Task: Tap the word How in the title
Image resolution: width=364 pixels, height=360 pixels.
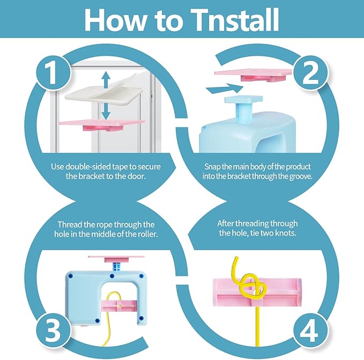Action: pyautogui.click(x=116, y=20)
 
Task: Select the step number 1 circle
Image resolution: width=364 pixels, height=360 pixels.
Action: pyautogui.click(x=53, y=73)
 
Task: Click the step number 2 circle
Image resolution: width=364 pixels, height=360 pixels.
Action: pyautogui.click(x=310, y=73)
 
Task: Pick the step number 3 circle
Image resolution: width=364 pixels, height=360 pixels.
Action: pyautogui.click(x=53, y=331)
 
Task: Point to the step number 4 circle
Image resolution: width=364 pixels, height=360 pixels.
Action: pyautogui.click(x=310, y=331)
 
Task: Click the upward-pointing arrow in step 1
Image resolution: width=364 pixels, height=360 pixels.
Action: pyautogui.click(x=106, y=80)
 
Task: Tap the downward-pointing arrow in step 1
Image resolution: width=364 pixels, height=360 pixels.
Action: pyautogui.click(x=106, y=111)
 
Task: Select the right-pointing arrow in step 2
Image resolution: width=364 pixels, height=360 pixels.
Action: pyautogui.click(x=225, y=88)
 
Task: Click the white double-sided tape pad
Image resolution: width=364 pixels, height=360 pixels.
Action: pyautogui.click(x=104, y=91)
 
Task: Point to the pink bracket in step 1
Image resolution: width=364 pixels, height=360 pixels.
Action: pyautogui.click(x=102, y=125)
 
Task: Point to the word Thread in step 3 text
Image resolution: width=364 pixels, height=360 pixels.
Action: pyautogui.click(x=69, y=224)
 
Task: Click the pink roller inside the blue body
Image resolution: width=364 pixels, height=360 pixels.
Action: pyautogui.click(x=119, y=306)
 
